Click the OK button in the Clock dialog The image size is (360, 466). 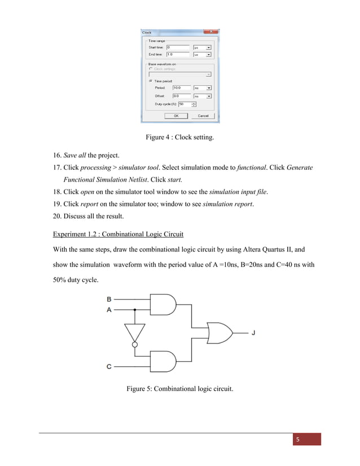tap(176, 116)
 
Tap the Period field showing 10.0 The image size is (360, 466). tap(181, 88)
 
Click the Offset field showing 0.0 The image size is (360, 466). tap(181, 96)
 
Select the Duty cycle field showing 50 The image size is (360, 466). tap(184, 104)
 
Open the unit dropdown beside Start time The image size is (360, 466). tap(209, 48)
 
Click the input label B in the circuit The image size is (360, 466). tap(109, 298)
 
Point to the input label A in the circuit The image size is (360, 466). tap(109, 310)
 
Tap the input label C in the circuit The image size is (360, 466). tap(109, 366)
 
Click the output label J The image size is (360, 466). tap(253, 333)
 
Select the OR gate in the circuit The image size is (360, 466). tap(219, 333)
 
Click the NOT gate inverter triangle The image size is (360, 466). tap(135, 331)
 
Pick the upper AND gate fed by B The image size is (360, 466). tap(163, 304)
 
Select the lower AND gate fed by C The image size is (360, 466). tap(163, 361)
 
